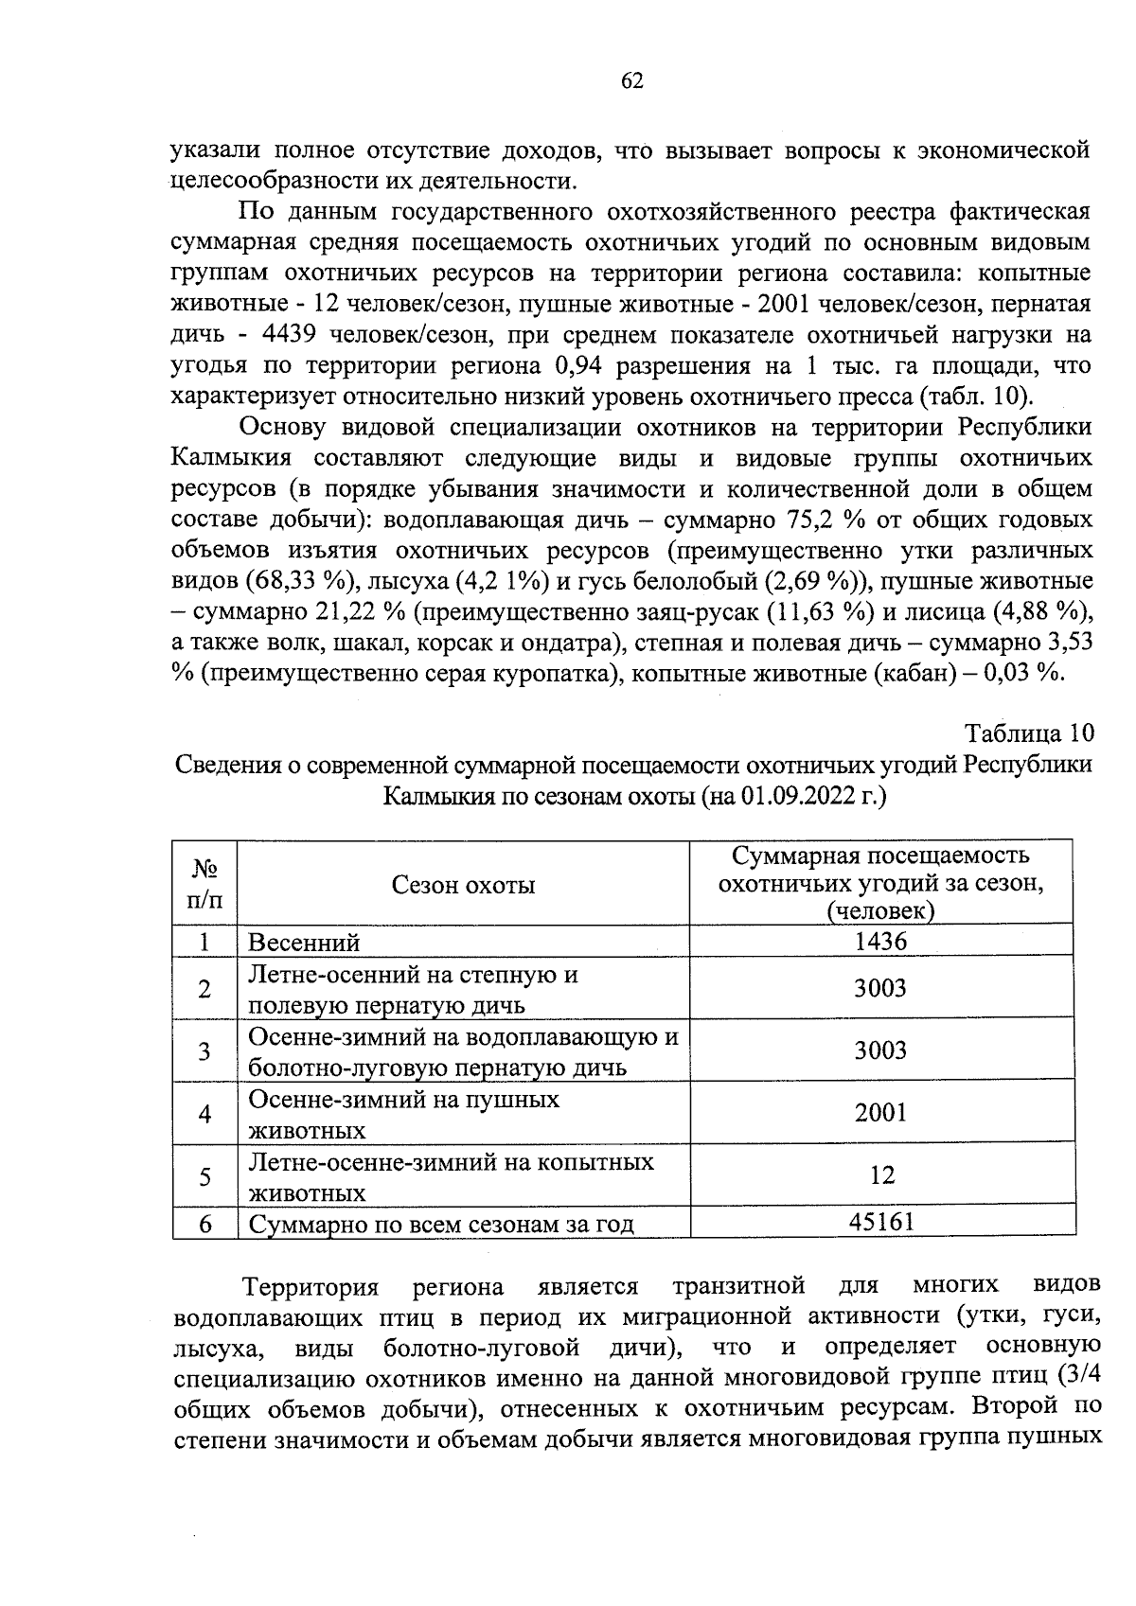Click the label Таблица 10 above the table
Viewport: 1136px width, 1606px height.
(x=1029, y=733)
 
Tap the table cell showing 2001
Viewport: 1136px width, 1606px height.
(x=880, y=1113)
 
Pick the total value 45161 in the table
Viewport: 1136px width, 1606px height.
(x=880, y=1222)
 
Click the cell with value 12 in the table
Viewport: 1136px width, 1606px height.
(x=881, y=1175)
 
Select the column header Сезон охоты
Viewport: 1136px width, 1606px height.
(x=463, y=885)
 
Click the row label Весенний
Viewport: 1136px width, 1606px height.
(x=304, y=943)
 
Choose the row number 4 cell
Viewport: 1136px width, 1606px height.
(x=204, y=1114)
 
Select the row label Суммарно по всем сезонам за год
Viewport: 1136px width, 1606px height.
(x=440, y=1225)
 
